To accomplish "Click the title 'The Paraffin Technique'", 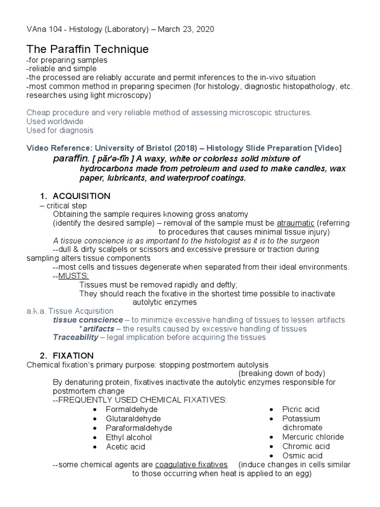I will [87, 50].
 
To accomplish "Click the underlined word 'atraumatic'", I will [295, 223].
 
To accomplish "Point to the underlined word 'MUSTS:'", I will [74, 276].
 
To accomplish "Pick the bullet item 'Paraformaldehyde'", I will [139, 428].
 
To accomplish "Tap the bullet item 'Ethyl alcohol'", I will [129, 438].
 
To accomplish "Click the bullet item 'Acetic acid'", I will [126, 447].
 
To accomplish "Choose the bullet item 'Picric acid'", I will [301, 409].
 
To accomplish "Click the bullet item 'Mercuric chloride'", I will [313, 437].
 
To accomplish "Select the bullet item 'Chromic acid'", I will [306, 447].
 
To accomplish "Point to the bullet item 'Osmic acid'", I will [302, 456].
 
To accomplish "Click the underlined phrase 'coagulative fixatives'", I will [191, 465].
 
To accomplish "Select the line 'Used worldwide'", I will [55, 121].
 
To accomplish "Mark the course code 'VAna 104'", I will [44, 30].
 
